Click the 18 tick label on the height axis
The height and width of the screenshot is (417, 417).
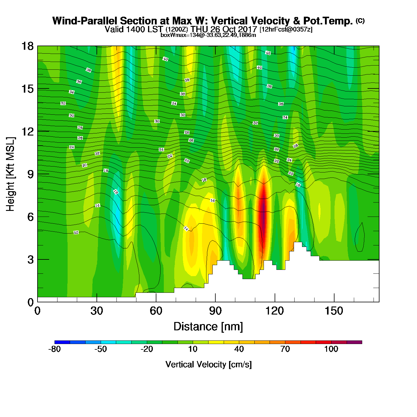pos(27,46)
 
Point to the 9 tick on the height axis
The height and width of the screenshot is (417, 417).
pos(30,174)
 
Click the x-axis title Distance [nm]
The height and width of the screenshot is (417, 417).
pos(208,327)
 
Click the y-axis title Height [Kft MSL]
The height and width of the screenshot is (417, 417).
pos(10,174)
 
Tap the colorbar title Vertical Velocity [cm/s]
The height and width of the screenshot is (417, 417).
pos(208,365)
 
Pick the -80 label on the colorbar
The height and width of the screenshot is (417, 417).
pos(55,349)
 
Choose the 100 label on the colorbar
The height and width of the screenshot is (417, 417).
pos(331,349)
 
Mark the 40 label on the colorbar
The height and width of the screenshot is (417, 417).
pos(239,349)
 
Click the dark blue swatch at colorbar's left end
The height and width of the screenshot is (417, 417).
pos(62,342)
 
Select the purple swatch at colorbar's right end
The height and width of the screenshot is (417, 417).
pos(354,342)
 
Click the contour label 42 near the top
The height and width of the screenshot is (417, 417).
pos(268,53)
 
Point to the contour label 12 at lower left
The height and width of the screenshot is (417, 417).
pos(76,233)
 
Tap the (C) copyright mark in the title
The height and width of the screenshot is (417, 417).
pos(360,21)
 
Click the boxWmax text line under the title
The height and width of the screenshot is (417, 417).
pos(208,35)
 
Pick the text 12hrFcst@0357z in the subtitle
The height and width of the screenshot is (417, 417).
pos(286,29)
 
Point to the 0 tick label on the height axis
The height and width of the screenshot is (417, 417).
pos(30,302)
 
